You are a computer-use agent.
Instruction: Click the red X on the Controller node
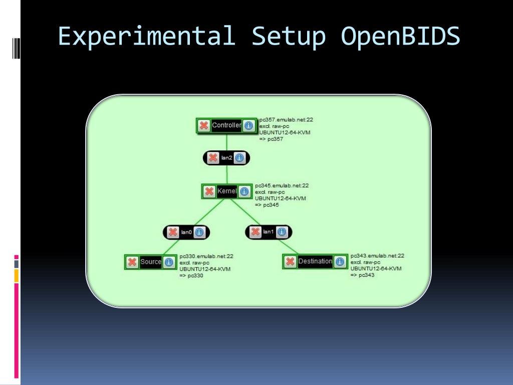204,125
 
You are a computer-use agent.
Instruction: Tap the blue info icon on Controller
248,125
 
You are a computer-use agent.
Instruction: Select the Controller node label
226,125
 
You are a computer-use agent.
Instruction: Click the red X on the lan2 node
213,158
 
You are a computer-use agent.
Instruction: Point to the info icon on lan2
239,158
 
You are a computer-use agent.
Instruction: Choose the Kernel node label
226,191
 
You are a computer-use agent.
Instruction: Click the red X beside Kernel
209,191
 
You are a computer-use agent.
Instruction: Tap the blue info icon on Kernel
244,191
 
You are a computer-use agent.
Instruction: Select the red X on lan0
173,232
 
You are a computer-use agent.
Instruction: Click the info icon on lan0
199,232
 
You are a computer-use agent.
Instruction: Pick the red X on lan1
255,232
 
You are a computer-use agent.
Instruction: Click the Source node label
151,262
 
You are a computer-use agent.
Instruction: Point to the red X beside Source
132,262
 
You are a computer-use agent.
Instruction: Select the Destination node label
315,261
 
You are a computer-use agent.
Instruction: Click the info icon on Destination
340,261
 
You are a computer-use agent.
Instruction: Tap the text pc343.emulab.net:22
377,256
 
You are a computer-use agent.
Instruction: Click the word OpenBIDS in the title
400,36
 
